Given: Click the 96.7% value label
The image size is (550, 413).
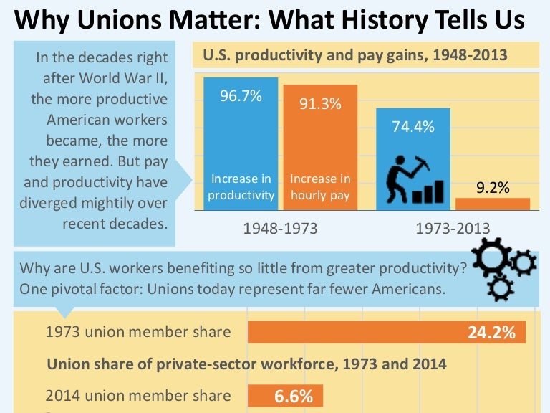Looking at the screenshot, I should coord(241,96).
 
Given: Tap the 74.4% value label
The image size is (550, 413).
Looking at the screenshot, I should coord(413,127).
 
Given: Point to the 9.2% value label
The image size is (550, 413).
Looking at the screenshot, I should coord(493,188).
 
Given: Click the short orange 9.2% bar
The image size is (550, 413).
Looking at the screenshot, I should coord(493,204).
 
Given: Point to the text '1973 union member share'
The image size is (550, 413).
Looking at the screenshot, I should coord(138,332).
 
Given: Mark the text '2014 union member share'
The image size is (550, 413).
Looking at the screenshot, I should coord(138,395).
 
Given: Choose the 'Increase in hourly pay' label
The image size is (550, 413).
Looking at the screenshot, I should coord(320,186).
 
